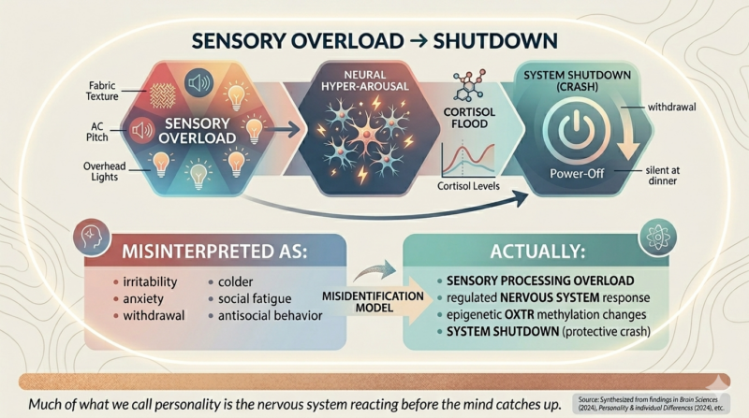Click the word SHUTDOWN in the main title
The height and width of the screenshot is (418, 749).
tap(495, 41)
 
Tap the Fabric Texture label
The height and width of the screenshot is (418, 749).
tap(102, 91)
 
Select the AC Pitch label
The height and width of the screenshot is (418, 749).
tap(97, 132)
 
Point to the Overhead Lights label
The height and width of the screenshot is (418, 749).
tap(104, 171)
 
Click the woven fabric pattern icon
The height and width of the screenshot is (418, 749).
tap(162, 95)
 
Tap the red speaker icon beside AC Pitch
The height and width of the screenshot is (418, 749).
tap(142, 130)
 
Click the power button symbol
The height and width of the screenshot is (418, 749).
tap(577, 129)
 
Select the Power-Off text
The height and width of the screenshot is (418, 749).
tap(577, 173)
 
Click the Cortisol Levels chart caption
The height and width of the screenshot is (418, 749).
tap(468, 185)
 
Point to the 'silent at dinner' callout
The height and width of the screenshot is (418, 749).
tap(662, 175)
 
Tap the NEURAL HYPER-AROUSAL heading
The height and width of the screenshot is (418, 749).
tap(365, 80)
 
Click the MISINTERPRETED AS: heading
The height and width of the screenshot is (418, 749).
tap(214, 252)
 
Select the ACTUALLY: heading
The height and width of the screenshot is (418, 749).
tap(537, 252)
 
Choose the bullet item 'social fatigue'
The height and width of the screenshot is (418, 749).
tap(255, 298)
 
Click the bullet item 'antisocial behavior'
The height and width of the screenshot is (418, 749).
tap(271, 316)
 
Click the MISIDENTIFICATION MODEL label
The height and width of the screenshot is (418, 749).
tap(373, 302)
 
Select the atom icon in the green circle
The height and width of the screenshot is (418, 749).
tap(658, 238)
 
